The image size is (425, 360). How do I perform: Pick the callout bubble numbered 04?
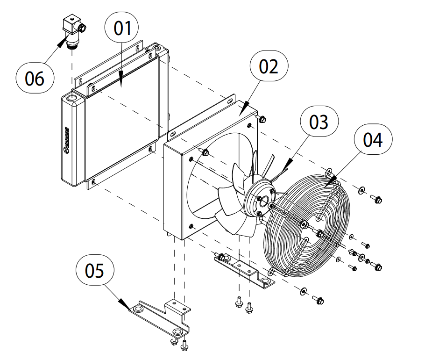coord(374,140)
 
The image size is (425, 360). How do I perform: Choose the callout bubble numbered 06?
coord(35,79)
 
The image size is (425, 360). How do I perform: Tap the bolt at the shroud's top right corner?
coord(262,120)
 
